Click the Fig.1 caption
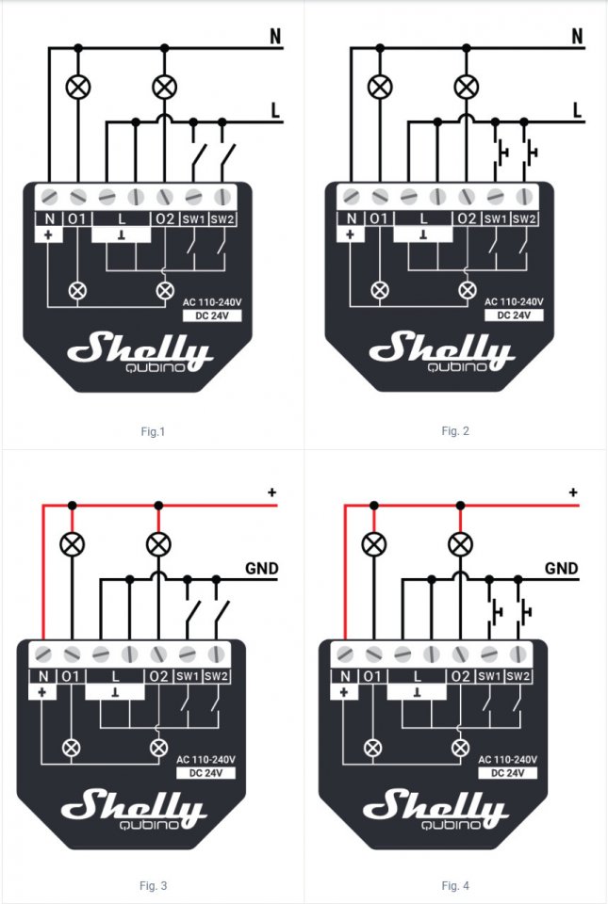click(x=152, y=432)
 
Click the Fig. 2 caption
click(x=454, y=431)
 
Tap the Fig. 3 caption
click(x=153, y=885)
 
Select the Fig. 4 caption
click(x=455, y=885)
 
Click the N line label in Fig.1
click(x=275, y=37)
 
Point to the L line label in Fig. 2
click(x=578, y=110)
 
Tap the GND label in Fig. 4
click(x=562, y=569)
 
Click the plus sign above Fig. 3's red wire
click(x=271, y=492)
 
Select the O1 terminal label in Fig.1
click(x=76, y=219)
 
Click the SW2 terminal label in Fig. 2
click(x=524, y=219)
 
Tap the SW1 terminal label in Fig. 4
click(x=489, y=676)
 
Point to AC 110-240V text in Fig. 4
click(x=508, y=759)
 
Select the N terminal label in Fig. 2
click(x=351, y=219)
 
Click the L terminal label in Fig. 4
click(x=417, y=676)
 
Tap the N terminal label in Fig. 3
click(x=42, y=676)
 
